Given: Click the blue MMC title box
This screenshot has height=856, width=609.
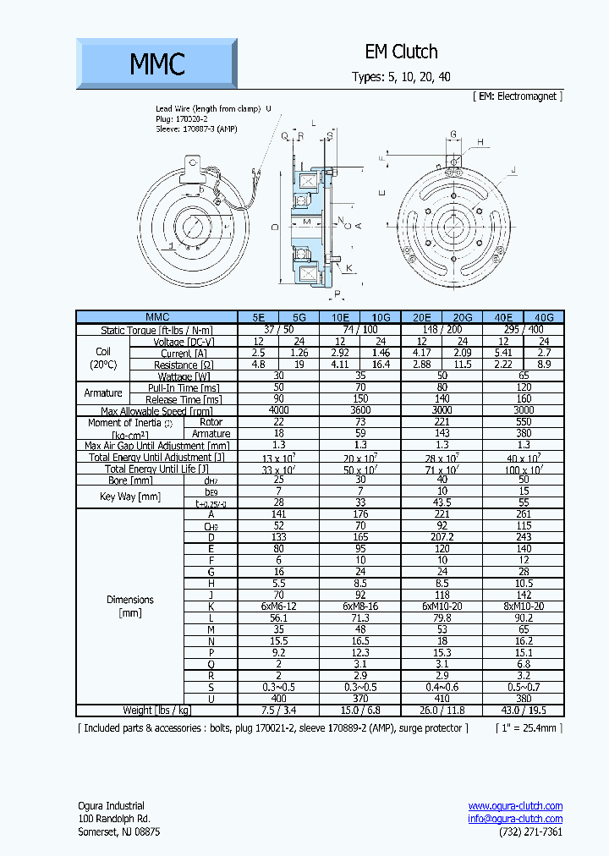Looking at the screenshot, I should coord(156,63).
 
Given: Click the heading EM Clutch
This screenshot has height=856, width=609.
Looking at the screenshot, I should coord(401,52).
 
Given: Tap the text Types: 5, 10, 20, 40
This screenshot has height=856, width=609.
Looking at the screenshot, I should coord(401,77).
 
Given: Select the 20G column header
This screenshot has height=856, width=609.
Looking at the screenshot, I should coord(462,318).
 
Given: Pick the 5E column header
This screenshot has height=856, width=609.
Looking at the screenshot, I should coord(258,318).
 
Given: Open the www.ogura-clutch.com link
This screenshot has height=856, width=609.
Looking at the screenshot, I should coord(515,806).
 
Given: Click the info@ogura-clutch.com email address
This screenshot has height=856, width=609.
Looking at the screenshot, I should coord(515,819).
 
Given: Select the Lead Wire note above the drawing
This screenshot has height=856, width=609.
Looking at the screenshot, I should coord(213,109).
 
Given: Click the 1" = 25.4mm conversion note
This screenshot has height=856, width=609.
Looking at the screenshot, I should coord(528,727).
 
